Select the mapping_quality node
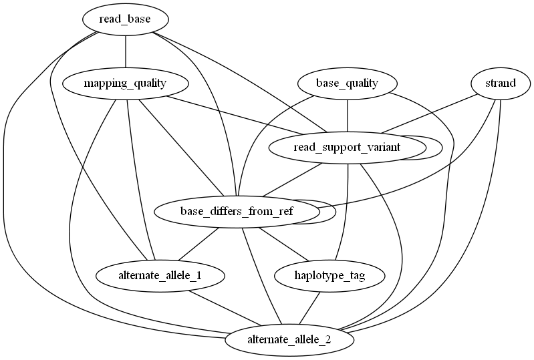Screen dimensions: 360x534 coord(126,83)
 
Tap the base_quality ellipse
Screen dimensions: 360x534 coord(347,83)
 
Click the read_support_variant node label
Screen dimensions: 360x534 coord(346,147)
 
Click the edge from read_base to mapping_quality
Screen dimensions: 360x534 coord(126,51)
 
